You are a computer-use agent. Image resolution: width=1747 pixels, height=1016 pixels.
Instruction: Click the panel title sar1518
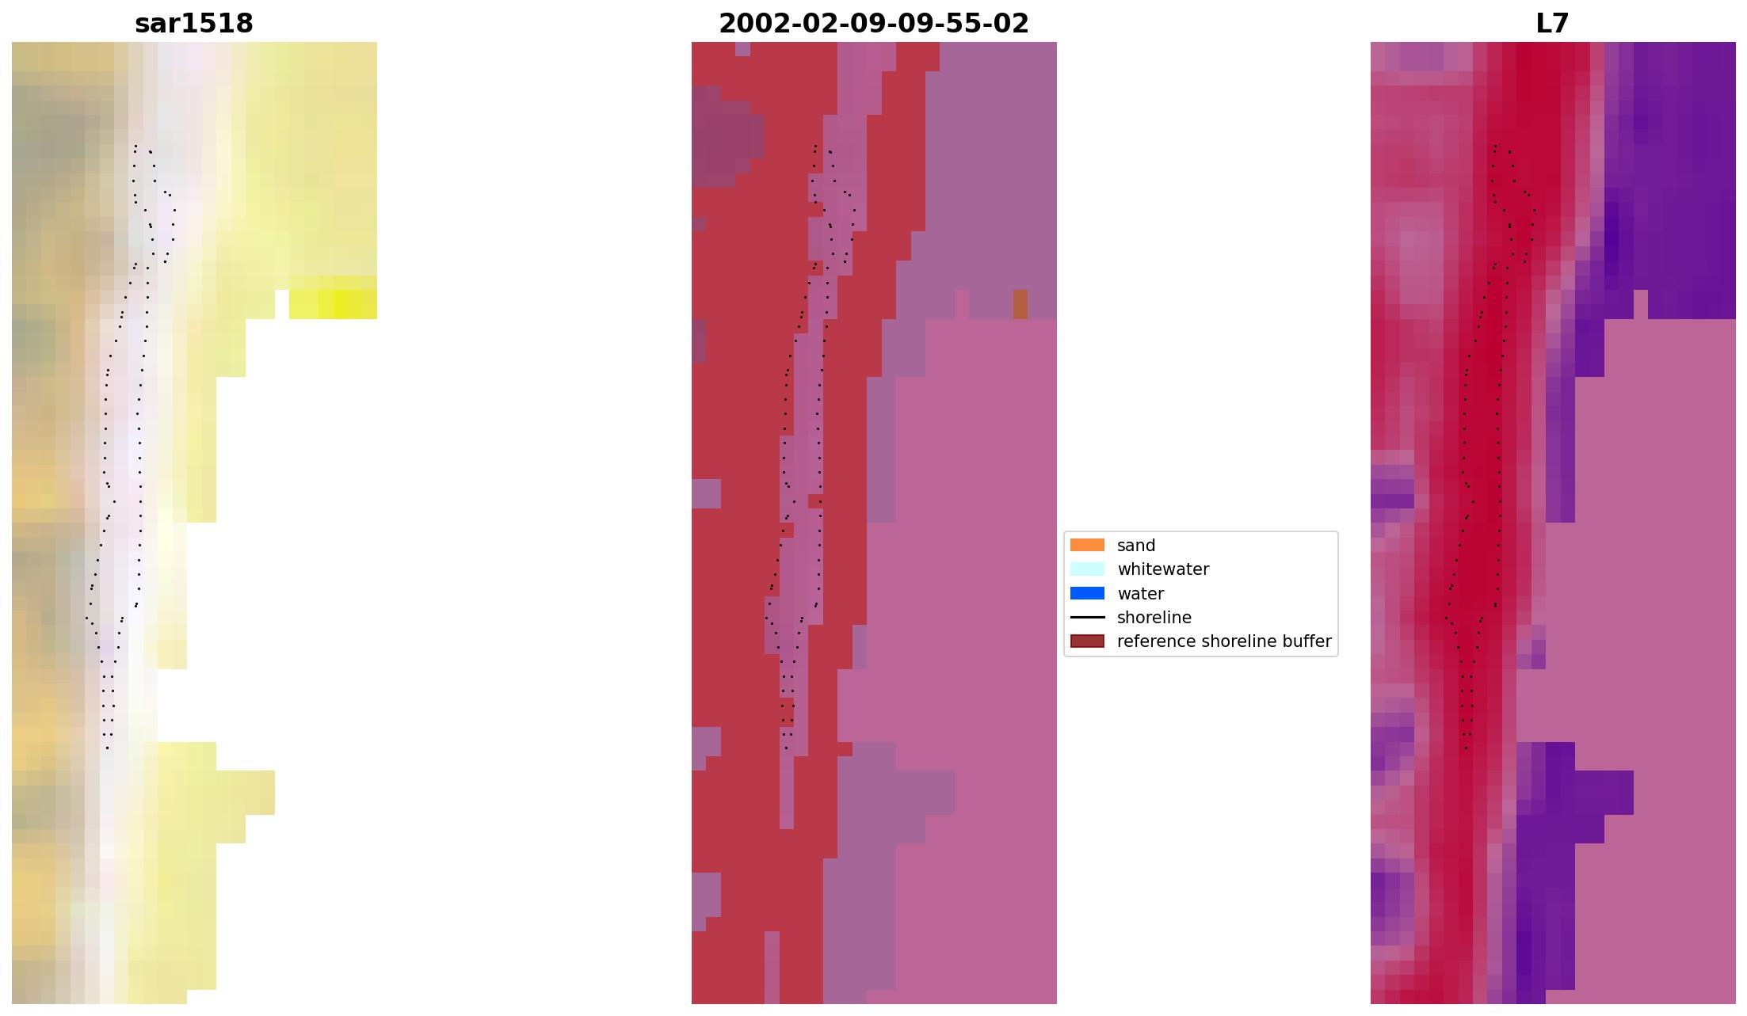click(194, 24)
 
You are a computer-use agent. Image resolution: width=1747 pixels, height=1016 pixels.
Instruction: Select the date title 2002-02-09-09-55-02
click(873, 24)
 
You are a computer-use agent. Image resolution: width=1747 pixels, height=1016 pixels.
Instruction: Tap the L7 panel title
click(1552, 24)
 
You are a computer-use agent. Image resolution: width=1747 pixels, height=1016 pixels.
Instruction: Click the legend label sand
click(1135, 546)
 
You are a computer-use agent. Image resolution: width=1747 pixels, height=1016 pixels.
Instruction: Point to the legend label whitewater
click(1162, 569)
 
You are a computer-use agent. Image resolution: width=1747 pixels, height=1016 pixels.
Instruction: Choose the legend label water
click(1140, 594)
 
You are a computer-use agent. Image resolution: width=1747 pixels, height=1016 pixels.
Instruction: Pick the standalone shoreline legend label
click(1154, 618)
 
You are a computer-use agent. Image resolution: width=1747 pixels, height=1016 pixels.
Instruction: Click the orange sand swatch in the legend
click(1087, 545)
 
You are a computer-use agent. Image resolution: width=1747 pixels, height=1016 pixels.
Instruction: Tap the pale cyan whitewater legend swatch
click(1087, 569)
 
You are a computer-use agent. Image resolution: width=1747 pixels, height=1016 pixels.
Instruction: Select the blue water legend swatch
click(1087, 593)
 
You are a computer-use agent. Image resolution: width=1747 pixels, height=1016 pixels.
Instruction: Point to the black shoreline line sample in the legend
click(1087, 618)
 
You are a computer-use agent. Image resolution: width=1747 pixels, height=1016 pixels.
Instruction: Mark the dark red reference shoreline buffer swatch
click(1087, 641)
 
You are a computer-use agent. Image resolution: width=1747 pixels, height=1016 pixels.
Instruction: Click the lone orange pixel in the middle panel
click(1020, 304)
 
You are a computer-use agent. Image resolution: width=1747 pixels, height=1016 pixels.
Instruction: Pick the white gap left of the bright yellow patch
click(281, 304)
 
